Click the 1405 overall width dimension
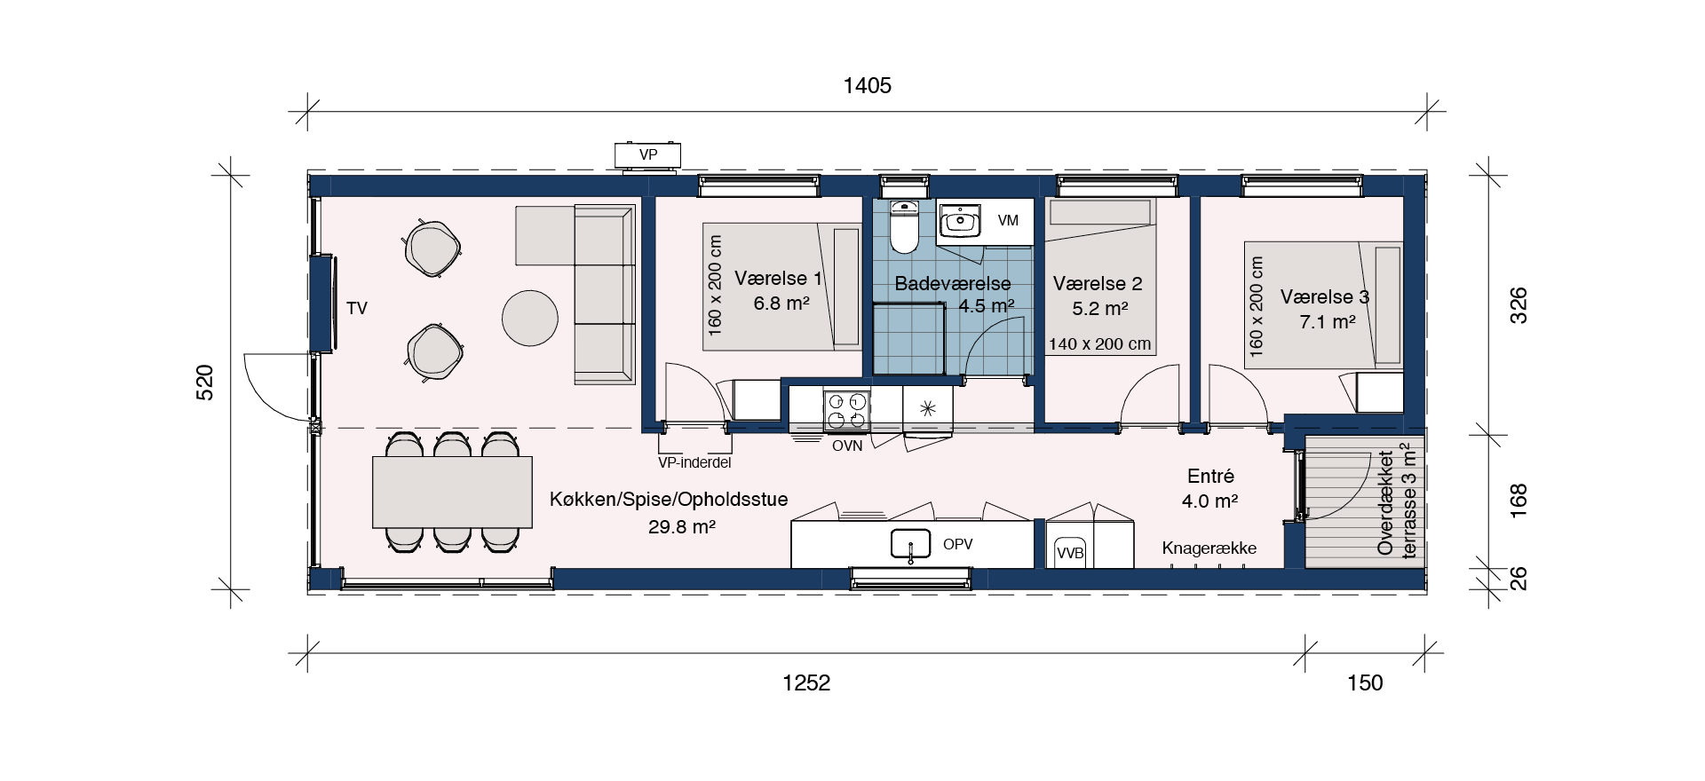pos(867,85)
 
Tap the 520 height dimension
pos(204,383)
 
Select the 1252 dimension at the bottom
pos(806,682)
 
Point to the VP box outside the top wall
pos(648,155)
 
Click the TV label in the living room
pos(357,308)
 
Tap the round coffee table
pos(530,318)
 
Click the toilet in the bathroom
pos(904,226)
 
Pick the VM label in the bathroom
pos(1008,220)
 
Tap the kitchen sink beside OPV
pos(910,543)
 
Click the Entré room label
pos(1210,477)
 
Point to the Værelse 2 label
pos(1098,284)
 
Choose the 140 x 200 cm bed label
pos(1099,344)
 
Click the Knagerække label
pos(1209,548)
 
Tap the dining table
pos(452,493)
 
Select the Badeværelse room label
pos(953,284)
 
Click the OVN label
pos(847,446)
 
